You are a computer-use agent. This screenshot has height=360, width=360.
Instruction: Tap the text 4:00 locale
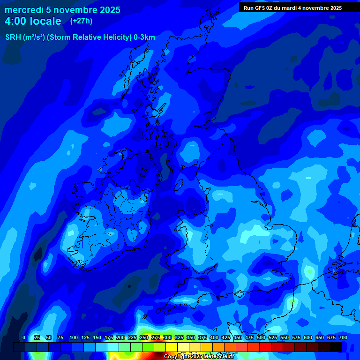33,21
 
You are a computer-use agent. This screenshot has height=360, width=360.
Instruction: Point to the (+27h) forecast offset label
81,21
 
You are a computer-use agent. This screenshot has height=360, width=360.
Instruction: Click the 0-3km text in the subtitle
144,37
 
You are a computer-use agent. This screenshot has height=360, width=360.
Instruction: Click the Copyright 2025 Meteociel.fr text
199,357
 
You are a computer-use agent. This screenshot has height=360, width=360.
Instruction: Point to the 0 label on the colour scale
24,337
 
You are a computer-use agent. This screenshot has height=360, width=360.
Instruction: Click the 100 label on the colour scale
74,337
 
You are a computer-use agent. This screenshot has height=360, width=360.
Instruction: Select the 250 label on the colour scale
144,337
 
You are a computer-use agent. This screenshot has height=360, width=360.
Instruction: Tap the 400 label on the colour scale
214,337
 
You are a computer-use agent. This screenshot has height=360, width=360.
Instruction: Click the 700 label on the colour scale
343,337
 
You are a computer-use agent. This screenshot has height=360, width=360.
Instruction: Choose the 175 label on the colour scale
109,337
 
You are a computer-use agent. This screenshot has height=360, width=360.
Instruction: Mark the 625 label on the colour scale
320,337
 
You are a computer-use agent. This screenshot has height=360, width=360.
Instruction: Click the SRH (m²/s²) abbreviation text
24,37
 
